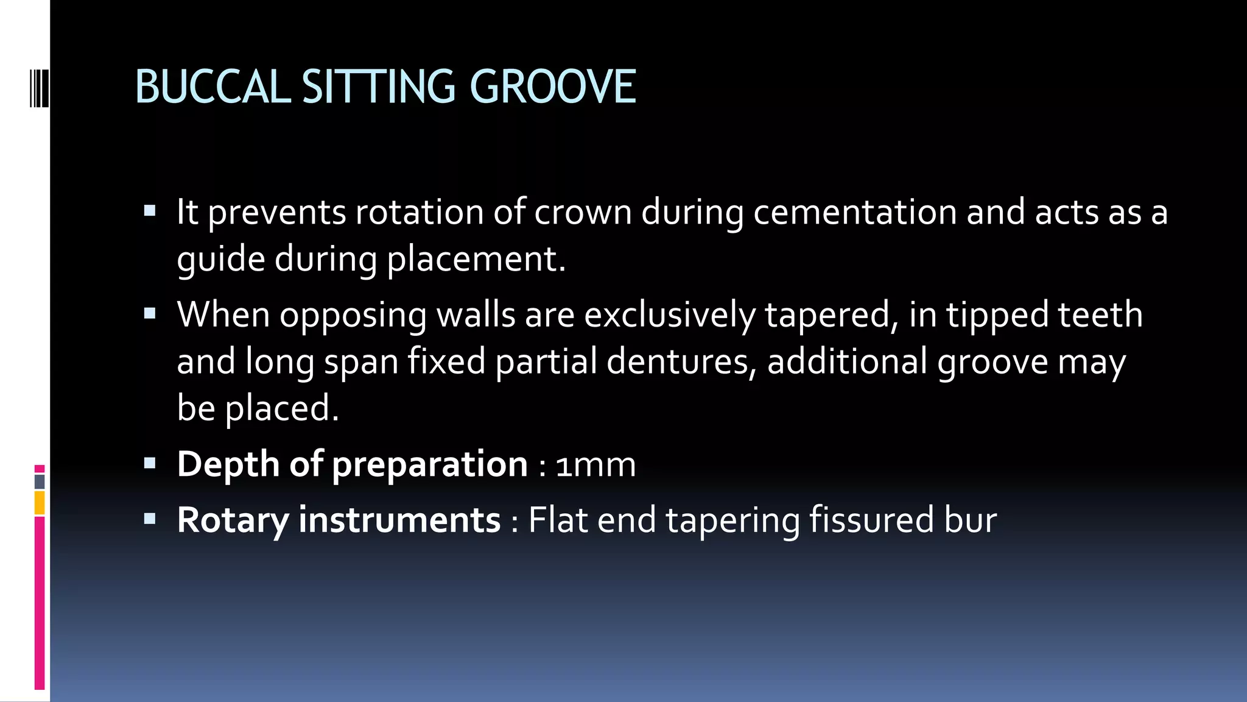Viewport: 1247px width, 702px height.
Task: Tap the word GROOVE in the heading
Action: click(553, 87)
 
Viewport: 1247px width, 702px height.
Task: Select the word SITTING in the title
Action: click(378, 87)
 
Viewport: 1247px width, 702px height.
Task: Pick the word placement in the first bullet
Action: click(476, 260)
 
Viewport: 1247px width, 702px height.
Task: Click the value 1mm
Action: click(595, 465)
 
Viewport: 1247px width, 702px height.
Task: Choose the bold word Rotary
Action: click(233, 520)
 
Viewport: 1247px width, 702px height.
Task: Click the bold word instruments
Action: click(399, 520)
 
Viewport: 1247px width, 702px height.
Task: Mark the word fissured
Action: click(871, 520)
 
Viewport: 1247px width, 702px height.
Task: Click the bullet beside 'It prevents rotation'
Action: click(150, 211)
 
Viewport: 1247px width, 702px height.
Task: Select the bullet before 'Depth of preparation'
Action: click(150, 464)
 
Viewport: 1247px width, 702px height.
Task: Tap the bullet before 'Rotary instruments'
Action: click(150, 519)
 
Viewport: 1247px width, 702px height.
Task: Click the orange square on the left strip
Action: click(40, 503)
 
